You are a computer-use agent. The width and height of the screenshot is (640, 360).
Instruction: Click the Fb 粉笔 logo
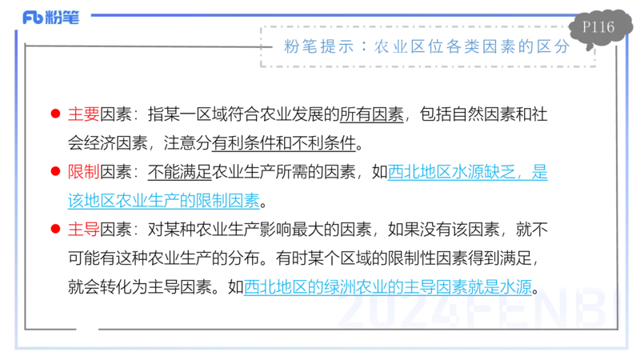coord(50,17)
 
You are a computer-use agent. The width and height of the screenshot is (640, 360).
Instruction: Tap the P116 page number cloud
coord(599,28)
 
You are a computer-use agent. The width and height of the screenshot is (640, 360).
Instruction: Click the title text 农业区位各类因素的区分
coord(472,46)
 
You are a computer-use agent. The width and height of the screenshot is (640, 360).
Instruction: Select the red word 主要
coord(84,114)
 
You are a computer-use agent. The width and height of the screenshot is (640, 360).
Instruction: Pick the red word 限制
coord(84,172)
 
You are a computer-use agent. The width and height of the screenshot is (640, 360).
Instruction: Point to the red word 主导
coord(84,230)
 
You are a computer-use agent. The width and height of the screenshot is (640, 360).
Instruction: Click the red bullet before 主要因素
coord(55,114)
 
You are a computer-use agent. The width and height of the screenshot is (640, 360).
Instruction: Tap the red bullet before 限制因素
coord(55,171)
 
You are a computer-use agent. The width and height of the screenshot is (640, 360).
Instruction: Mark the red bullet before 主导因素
coord(55,229)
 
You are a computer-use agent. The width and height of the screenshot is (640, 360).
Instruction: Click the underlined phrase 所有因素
coord(371,114)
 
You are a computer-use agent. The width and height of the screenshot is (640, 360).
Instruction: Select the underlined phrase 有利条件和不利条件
coord(284,143)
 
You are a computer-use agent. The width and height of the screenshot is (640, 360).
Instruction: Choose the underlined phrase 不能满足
coord(179,172)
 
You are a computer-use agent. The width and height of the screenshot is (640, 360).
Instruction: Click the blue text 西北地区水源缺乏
coord(452,172)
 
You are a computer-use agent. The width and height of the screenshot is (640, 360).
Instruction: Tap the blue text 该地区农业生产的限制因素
coord(164,201)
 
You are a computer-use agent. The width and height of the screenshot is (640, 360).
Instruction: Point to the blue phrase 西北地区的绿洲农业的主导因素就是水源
coord(388,287)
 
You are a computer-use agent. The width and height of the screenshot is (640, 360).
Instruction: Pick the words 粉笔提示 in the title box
coord(318,46)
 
